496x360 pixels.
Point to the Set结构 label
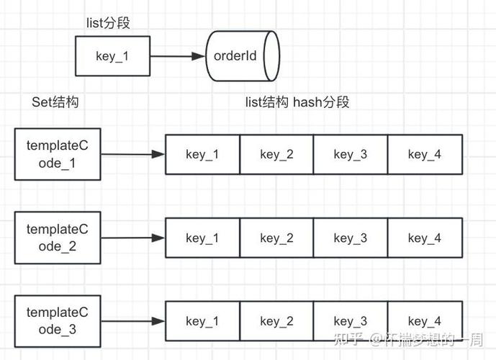pyautogui.click(x=55, y=102)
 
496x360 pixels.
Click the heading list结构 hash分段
pyautogui.click(x=297, y=102)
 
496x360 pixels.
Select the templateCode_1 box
pyautogui.click(x=57, y=154)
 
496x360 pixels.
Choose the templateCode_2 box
pyautogui.click(x=57, y=238)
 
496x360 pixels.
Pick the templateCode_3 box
pyautogui.click(x=57, y=320)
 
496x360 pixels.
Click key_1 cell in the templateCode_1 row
pyautogui.click(x=202, y=154)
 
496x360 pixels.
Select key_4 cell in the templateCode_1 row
pyautogui.click(x=425, y=154)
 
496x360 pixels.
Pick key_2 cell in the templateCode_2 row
pyautogui.click(x=276, y=238)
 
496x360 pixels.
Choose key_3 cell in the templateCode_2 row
pyautogui.click(x=351, y=238)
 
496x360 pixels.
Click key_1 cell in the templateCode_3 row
pyautogui.click(x=202, y=320)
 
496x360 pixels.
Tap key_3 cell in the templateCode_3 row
pyautogui.click(x=351, y=320)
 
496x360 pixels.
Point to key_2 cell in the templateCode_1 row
pyautogui.click(x=276, y=154)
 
